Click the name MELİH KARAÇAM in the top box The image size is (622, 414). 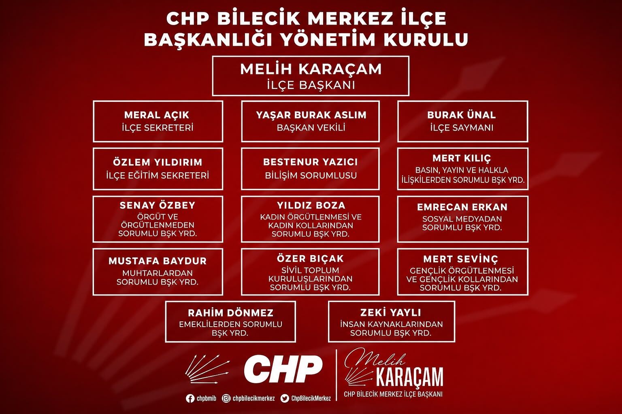click(x=311, y=69)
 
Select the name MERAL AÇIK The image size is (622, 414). click(x=157, y=114)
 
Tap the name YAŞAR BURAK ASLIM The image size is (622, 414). click(x=311, y=115)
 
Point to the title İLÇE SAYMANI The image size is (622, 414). click(x=462, y=128)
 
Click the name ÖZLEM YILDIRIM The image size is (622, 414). click(x=158, y=162)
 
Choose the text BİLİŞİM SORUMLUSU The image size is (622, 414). click(x=311, y=175)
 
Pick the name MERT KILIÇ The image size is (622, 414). click(x=462, y=158)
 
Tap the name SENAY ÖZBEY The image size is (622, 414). click(x=158, y=205)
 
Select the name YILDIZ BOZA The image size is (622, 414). click(x=311, y=205)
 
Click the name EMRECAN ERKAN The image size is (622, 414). click(x=462, y=207)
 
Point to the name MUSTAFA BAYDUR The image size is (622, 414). click(x=158, y=261)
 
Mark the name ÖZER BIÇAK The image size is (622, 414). click(x=310, y=259)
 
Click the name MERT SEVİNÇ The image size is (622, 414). click(x=461, y=259)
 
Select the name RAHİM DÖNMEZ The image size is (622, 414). click(x=230, y=313)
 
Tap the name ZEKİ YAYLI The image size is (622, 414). click(x=390, y=313)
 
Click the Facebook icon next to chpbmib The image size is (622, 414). click(x=190, y=399)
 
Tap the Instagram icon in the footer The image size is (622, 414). click(x=226, y=399)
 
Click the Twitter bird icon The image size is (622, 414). click(x=285, y=399)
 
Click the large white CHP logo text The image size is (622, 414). click(x=283, y=369)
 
